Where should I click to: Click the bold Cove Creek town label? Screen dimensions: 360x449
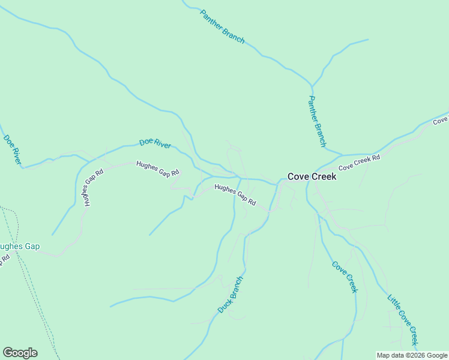point(312,176)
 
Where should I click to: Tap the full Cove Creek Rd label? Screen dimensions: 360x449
point(360,163)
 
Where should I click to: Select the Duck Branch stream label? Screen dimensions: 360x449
point(231,295)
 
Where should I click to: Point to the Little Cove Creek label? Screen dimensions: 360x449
point(402,318)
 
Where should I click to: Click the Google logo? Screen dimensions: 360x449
point(20,353)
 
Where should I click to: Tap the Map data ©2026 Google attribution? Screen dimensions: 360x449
point(412,355)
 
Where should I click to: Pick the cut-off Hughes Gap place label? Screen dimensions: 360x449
point(19,247)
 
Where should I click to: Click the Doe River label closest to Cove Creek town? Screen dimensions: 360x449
point(155,143)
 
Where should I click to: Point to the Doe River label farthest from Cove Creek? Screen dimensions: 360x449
point(13,149)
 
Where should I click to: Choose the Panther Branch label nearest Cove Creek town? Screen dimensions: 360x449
point(316,121)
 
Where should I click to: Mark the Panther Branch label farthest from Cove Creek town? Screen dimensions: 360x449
point(222,26)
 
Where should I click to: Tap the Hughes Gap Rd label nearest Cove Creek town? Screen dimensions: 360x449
point(235,195)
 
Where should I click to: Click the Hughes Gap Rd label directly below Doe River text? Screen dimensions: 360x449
point(158,169)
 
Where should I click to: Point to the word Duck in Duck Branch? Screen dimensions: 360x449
point(224,304)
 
